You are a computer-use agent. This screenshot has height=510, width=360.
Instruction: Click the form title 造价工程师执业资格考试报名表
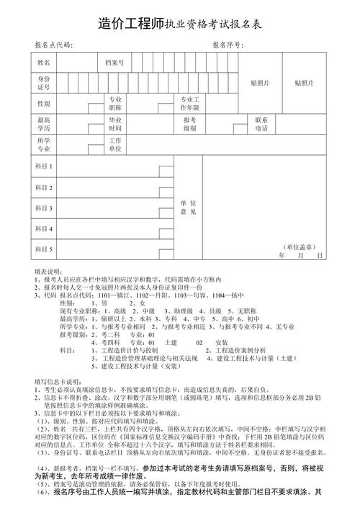click(180, 24)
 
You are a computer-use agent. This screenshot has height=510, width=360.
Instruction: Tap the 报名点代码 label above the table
click(53, 45)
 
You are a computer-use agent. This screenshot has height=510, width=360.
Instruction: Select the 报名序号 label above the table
click(228, 45)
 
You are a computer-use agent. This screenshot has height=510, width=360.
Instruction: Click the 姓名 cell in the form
click(44, 63)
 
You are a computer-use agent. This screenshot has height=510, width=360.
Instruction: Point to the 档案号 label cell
click(115, 63)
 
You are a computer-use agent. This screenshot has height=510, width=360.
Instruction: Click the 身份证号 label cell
click(44, 83)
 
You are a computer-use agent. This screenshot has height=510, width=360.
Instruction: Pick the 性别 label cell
click(44, 104)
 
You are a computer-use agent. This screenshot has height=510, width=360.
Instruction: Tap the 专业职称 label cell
click(115, 104)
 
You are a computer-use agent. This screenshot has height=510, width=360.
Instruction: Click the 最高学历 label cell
click(44, 124)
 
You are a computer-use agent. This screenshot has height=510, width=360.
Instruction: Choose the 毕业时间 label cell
click(115, 124)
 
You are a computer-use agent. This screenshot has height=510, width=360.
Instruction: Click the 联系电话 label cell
click(261, 124)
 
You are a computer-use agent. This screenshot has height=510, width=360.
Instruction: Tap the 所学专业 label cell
click(44, 144)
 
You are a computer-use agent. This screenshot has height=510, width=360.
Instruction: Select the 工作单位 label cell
click(115, 144)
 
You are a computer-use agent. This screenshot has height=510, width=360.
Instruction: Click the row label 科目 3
click(44, 208)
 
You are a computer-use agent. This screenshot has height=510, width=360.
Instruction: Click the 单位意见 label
click(188, 207)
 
